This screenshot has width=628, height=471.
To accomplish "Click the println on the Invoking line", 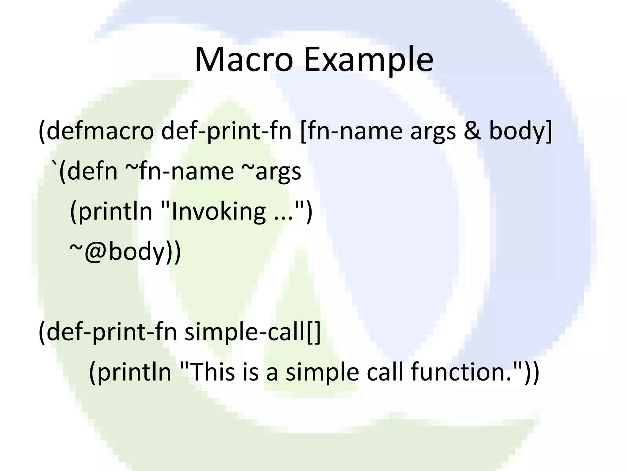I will click(x=115, y=212).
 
